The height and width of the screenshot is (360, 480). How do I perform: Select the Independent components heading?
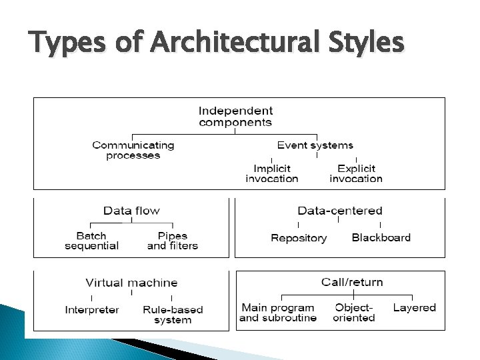coord(235,117)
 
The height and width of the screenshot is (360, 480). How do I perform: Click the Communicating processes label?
coord(133,150)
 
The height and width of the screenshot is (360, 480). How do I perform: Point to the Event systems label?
coord(315,145)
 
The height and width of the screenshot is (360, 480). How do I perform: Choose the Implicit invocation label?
coord(271,173)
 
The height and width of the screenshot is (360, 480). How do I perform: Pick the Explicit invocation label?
coord(356,173)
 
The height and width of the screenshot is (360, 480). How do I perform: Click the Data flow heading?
coord(131,211)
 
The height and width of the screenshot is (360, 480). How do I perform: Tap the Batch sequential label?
coord(91,241)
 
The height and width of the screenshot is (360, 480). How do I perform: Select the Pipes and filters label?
coord(173,241)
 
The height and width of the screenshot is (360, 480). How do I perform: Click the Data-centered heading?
coord(340,211)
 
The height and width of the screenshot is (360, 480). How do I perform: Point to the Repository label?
coord(299,238)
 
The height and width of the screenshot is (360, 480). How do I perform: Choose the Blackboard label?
coord(381,238)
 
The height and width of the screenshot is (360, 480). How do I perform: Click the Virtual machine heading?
coord(131,283)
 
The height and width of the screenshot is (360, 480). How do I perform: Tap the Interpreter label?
coord(92,310)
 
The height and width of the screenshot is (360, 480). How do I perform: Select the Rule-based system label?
coord(173,315)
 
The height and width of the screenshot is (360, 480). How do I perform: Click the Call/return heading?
coord(352,282)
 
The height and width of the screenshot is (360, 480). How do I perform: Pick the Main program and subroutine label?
coord(277,313)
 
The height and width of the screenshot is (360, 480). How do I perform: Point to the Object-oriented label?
coord(354,313)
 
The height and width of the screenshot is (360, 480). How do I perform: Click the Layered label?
coord(414,308)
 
